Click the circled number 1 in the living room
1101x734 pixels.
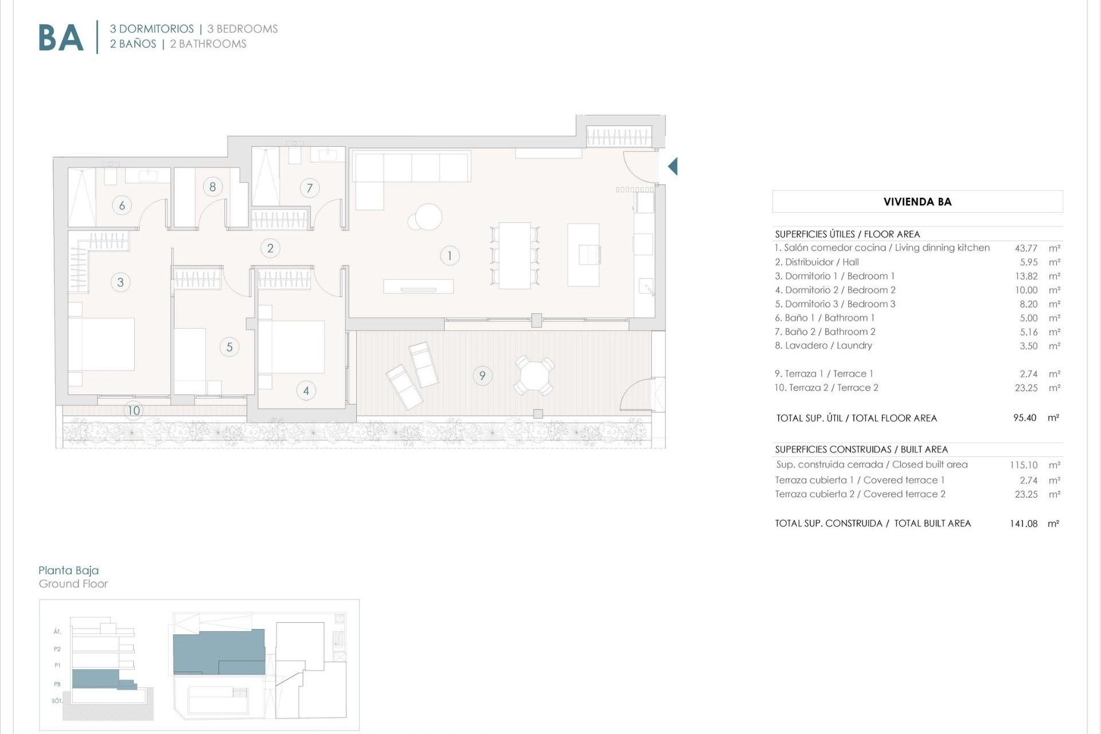point(450,256)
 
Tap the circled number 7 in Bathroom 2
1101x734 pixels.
point(310,188)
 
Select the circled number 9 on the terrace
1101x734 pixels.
point(482,376)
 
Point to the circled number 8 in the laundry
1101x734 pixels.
point(213,186)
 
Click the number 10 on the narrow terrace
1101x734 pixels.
point(134,411)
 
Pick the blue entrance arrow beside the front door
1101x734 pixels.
point(673,166)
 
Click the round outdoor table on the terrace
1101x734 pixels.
point(534,376)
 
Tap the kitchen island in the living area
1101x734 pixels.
point(583,255)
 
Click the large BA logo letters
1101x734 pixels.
point(61,38)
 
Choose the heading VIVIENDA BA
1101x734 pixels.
point(918,202)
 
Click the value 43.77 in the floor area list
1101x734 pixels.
point(1026,248)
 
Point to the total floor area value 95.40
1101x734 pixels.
point(1025,418)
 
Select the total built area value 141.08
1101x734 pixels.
point(1024,524)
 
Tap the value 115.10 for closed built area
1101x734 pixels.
point(1024,465)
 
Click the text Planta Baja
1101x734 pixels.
point(69,570)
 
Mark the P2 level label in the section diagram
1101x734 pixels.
point(57,649)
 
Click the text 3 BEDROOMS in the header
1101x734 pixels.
point(243,29)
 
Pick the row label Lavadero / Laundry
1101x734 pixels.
point(823,346)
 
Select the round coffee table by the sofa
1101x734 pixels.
point(427,217)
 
